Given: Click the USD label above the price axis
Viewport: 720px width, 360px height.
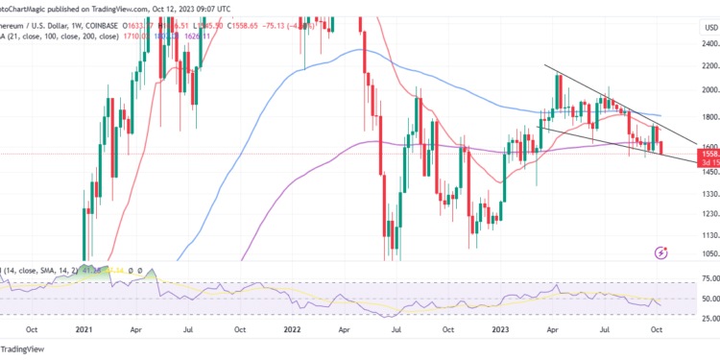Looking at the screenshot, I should [684, 27].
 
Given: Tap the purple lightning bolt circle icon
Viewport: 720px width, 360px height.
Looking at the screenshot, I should [660, 252].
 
